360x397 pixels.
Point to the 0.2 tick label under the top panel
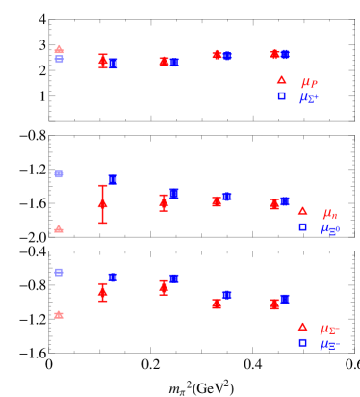151,133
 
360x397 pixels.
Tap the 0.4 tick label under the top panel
253,133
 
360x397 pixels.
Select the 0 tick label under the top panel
49,133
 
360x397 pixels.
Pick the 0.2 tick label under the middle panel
151,249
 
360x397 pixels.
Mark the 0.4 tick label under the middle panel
253,249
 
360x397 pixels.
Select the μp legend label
308,82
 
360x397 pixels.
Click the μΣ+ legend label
309,97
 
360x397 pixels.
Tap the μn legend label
329,212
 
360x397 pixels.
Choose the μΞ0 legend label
330,228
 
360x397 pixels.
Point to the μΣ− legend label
330,328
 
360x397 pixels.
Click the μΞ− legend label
330,343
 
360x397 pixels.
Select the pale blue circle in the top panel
59,59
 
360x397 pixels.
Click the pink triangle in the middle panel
59,229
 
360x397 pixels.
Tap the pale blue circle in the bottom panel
59,272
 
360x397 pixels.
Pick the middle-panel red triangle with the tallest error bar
103,203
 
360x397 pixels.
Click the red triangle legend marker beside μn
302,211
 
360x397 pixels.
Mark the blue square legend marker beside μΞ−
302,342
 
